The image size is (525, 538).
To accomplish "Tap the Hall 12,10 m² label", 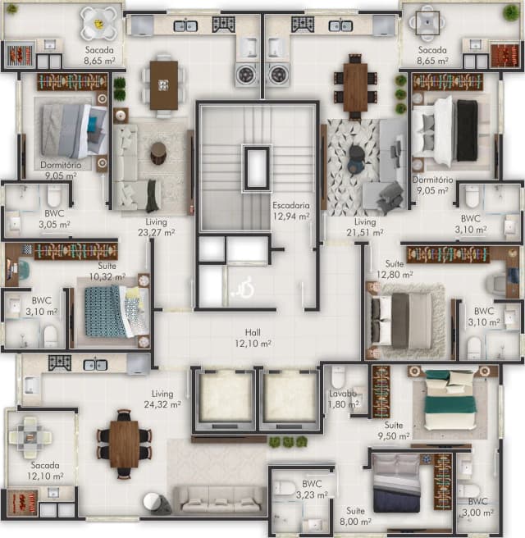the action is point(253,338).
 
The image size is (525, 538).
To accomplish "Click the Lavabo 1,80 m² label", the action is point(344,399).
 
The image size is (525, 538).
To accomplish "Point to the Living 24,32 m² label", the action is point(162,399).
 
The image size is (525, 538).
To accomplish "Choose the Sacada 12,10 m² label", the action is point(45,471).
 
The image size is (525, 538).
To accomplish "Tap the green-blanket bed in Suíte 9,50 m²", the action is point(450,399).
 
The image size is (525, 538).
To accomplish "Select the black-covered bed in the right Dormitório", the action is point(445,130).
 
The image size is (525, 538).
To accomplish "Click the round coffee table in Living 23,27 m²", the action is point(158,153).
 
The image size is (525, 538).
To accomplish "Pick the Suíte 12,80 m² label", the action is point(395,269).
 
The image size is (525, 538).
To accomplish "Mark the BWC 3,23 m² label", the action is point(312,490).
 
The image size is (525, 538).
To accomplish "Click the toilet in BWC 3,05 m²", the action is point(53,195).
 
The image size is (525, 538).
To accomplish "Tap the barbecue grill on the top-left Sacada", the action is point(21,55).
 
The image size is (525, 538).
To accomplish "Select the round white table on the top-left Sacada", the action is point(98,23).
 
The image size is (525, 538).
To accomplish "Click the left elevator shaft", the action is point(225,397).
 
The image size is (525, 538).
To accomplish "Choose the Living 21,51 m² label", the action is point(365,227).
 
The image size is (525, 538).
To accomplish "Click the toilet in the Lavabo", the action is point(338,376).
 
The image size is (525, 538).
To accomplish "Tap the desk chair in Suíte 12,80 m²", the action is point(497,282).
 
